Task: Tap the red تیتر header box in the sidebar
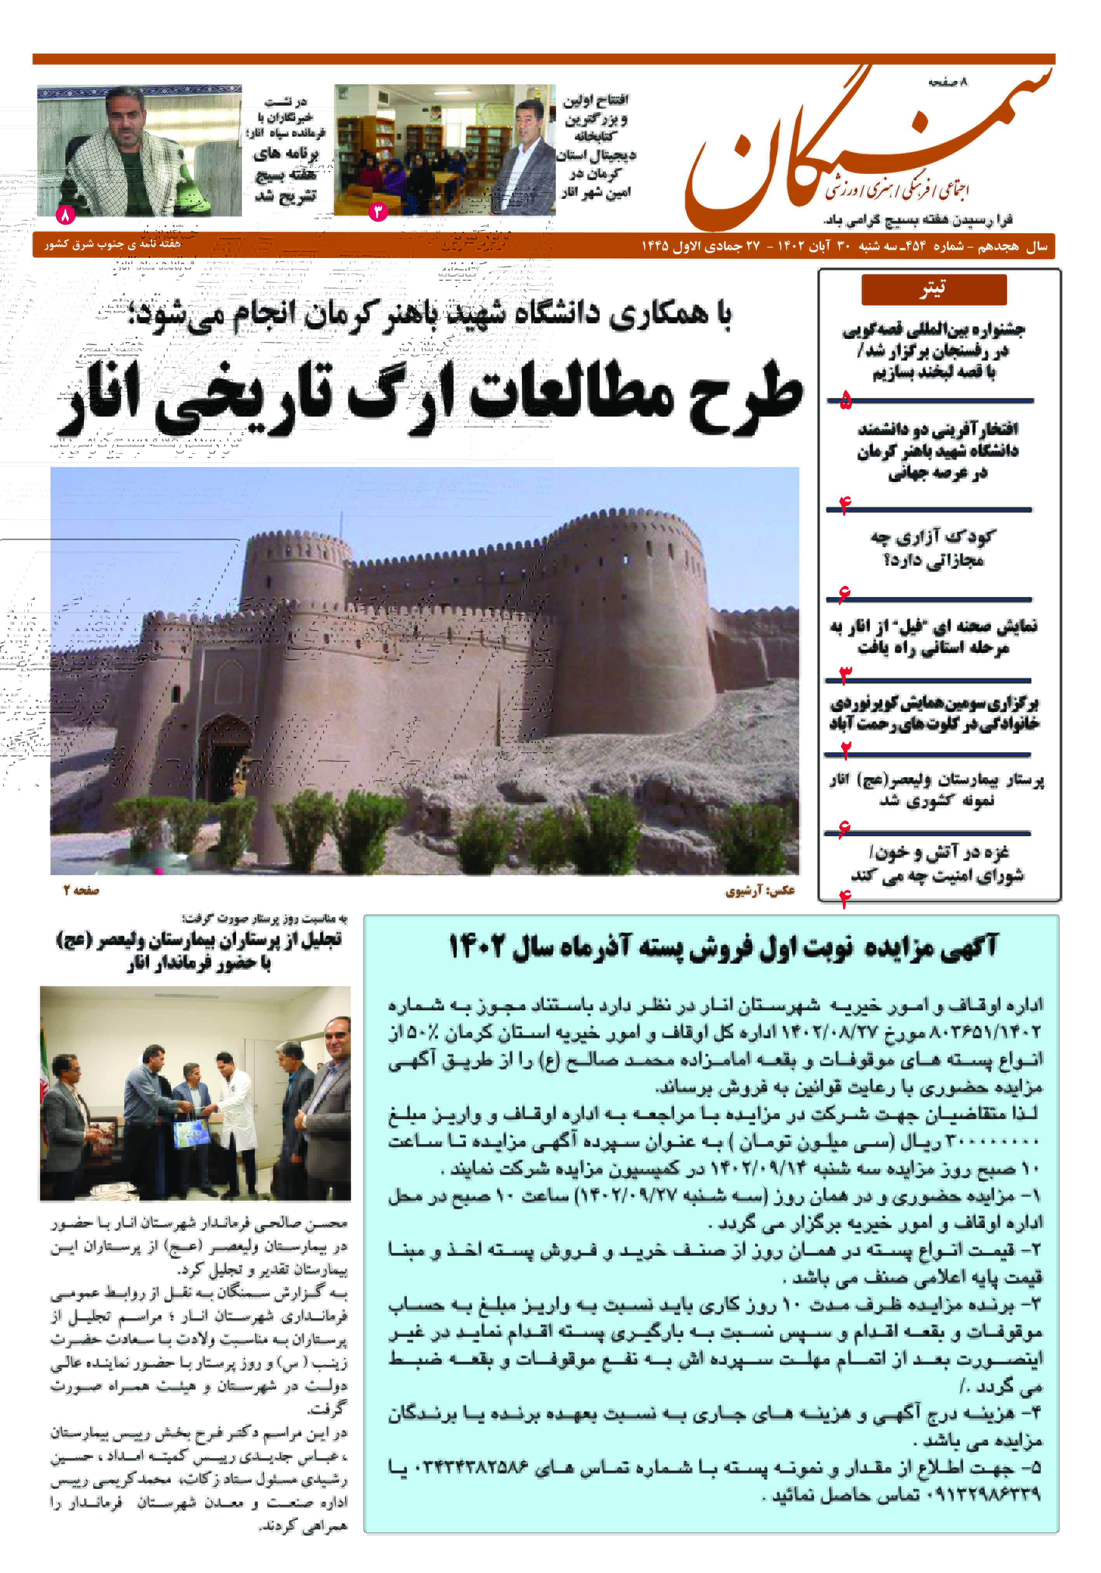tap(933, 289)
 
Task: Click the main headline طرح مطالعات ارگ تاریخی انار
tap(431, 398)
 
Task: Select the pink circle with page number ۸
tap(64, 215)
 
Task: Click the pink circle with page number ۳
tap(377, 212)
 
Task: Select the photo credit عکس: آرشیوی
tap(760, 891)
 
